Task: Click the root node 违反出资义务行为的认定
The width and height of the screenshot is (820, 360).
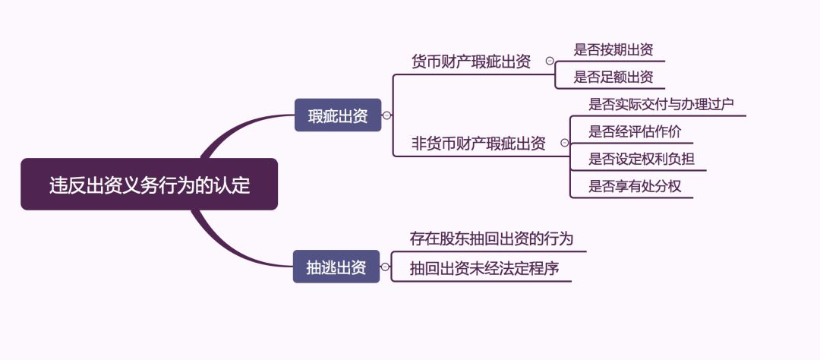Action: click(x=149, y=184)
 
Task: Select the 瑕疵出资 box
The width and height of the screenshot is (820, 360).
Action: click(x=338, y=115)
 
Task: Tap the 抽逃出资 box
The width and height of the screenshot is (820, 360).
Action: click(x=336, y=267)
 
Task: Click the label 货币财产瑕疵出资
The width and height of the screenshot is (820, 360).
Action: click(x=471, y=62)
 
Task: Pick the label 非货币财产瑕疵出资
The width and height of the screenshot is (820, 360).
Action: click(x=478, y=143)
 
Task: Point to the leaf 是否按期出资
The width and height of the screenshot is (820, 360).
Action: click(x=613, y=51)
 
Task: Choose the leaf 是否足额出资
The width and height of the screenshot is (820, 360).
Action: click(x=613, y=77)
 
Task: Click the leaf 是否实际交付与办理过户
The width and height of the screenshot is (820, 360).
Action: click(x=661, y=105)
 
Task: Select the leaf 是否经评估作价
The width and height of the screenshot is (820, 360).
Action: click(x=635, y=131)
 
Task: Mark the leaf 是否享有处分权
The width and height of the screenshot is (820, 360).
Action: click(x=635, y=186)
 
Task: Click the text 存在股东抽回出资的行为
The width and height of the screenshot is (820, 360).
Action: click(x=491, y=239)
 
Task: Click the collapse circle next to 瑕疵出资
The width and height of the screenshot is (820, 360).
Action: click(x=387, y=115)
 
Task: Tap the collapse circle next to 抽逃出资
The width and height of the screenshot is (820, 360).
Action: click(x=386, y=267)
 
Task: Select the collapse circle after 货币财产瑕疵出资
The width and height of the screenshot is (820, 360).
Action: click(x=550, y=62)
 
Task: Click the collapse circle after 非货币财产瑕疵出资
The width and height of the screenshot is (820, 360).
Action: click(x=564, y=143)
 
